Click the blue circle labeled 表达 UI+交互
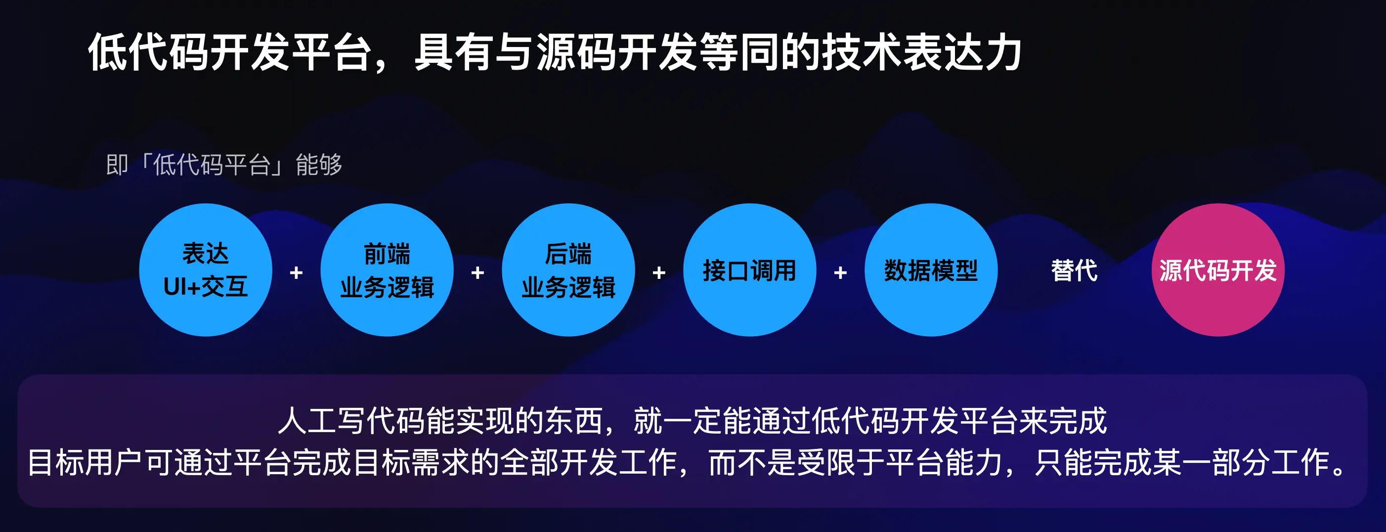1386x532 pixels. (x=206, y=270)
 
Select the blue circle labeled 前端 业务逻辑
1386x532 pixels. (x=387, y=270)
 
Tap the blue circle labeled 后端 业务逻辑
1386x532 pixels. (x=568, y=270)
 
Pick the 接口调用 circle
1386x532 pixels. (x=749, y=270)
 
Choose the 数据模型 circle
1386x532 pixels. (x=931, y=270)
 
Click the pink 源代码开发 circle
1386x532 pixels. (x=1218, y=270)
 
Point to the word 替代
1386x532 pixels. (x=1075, y=270)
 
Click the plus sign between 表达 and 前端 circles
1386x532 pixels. (x=297, y=273)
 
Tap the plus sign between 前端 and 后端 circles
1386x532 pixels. (x=478, y=273)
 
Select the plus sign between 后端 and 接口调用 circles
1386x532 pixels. (x=659, y=273)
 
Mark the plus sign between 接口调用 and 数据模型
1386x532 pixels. (x=840, y=273)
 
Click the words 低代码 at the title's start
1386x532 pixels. (x=148, y=52)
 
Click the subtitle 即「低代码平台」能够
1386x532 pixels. (x=224, y=165)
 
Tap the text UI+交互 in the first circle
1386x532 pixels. (x=206, y=287)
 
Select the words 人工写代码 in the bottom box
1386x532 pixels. (x=351, y=421)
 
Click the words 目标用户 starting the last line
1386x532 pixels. (x=85, y=463)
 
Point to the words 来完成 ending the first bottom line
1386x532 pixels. (x=1063, y=421)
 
